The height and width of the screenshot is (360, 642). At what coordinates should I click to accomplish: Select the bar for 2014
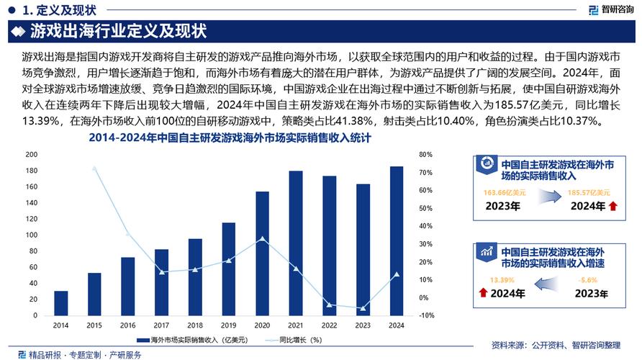click(61, 303)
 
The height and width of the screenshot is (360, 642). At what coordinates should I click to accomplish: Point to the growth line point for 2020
click(262, 238)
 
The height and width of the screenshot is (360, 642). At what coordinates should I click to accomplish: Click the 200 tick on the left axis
click(32, 155)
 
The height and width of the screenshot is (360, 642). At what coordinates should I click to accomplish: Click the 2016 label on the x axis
click(128, 325)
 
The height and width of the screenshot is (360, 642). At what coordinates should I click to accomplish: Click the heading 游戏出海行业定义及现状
click(119, 32)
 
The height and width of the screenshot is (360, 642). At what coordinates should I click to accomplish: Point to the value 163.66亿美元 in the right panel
click(505, 193)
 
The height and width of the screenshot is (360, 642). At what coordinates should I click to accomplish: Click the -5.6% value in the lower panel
click(588, 279)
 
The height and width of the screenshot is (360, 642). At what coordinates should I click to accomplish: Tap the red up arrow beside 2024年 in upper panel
click(612, 207)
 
